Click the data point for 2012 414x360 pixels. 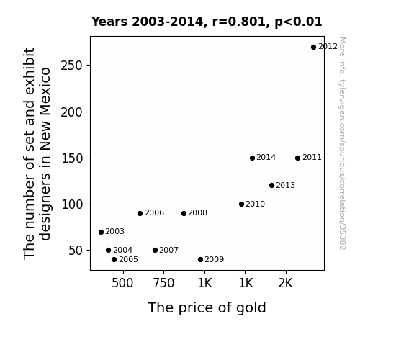[313, 48]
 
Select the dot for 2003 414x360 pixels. [101, 232]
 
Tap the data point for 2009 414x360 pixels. [200, 260]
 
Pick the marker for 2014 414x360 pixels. [252, 158]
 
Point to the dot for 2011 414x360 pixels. [297, 158]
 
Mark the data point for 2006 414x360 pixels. [140, 213]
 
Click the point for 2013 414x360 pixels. [271, 186]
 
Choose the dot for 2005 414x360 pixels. [114, 260]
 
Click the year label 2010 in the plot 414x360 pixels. [256, 204]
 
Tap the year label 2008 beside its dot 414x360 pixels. [198, 213]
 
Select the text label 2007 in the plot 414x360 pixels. [169, 250]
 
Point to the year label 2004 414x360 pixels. [123, 250]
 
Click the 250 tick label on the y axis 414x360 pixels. [72, 66]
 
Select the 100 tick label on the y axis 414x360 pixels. [72, 204]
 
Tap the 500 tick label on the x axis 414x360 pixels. [122, 283]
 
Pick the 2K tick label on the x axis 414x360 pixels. [286, 283]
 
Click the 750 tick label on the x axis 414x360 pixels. [163, 283]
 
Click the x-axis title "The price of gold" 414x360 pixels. [207, 308]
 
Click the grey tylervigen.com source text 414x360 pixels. [342, 143]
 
